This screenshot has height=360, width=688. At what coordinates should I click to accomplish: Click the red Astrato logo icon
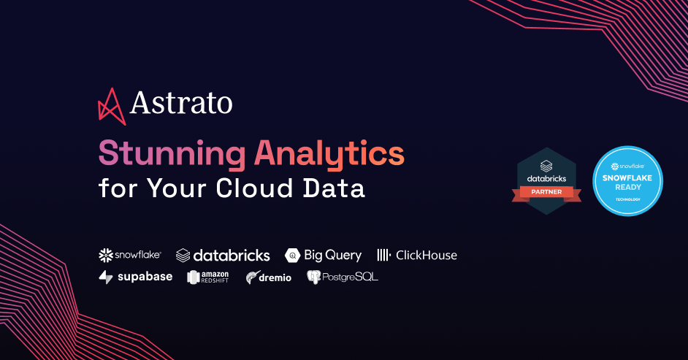(x=112, y=105)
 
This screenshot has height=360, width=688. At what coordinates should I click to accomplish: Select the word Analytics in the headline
(x=329, y=154)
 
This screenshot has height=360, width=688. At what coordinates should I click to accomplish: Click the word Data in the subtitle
(x=339, y=188)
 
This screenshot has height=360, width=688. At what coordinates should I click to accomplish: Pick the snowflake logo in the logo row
(x=130, y=255)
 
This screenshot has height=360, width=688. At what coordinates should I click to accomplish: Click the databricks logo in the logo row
(x=223, y=255)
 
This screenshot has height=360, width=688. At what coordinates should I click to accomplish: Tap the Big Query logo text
(x=332, y=255)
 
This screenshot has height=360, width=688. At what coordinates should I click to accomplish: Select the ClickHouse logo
(x=417, y=255)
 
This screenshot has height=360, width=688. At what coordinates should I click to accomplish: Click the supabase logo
(x=136, y=277)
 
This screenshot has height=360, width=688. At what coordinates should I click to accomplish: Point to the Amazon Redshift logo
(x=208, y=277)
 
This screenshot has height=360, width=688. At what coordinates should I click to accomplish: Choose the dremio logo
(x=269, y=277)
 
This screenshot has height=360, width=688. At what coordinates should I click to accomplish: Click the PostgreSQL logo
(x=343, y=277)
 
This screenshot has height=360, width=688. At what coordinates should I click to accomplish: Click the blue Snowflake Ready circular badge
(x=627, y=180)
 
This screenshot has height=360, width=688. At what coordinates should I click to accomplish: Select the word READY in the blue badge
(x=627, y=187)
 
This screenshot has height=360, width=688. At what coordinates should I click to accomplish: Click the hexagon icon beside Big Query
(x=292, y=256)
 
